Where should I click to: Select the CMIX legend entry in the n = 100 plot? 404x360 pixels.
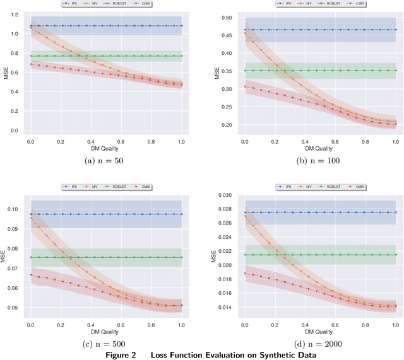356,4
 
